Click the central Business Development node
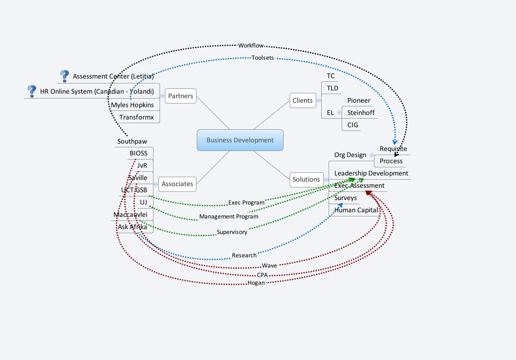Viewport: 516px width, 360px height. [240, 140]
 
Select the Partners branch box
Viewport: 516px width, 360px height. [180, 96]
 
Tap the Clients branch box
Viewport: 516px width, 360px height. [302, 101]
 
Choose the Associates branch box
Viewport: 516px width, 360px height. [177, 184]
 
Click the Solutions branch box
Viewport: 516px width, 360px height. [306, 180]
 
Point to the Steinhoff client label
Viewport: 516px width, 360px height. [361, 113]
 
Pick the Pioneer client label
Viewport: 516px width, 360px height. [358, 101]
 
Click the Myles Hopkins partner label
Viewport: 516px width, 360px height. [132, 105]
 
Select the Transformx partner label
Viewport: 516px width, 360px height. [136, 117]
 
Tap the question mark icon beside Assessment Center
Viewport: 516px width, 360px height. [64, 76]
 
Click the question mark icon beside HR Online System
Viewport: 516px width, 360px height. [32, 91]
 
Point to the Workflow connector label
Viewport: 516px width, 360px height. [250, 45]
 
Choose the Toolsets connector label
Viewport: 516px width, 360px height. [262, 58]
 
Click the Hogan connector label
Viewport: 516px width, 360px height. [256, 283]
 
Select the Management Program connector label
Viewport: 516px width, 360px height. [229, 216]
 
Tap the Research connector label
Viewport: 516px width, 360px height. [244, 255]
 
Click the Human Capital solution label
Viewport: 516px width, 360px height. [356, 210]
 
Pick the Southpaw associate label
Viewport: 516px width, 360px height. [132, 142]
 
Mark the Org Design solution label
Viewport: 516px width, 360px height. [350, 155]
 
